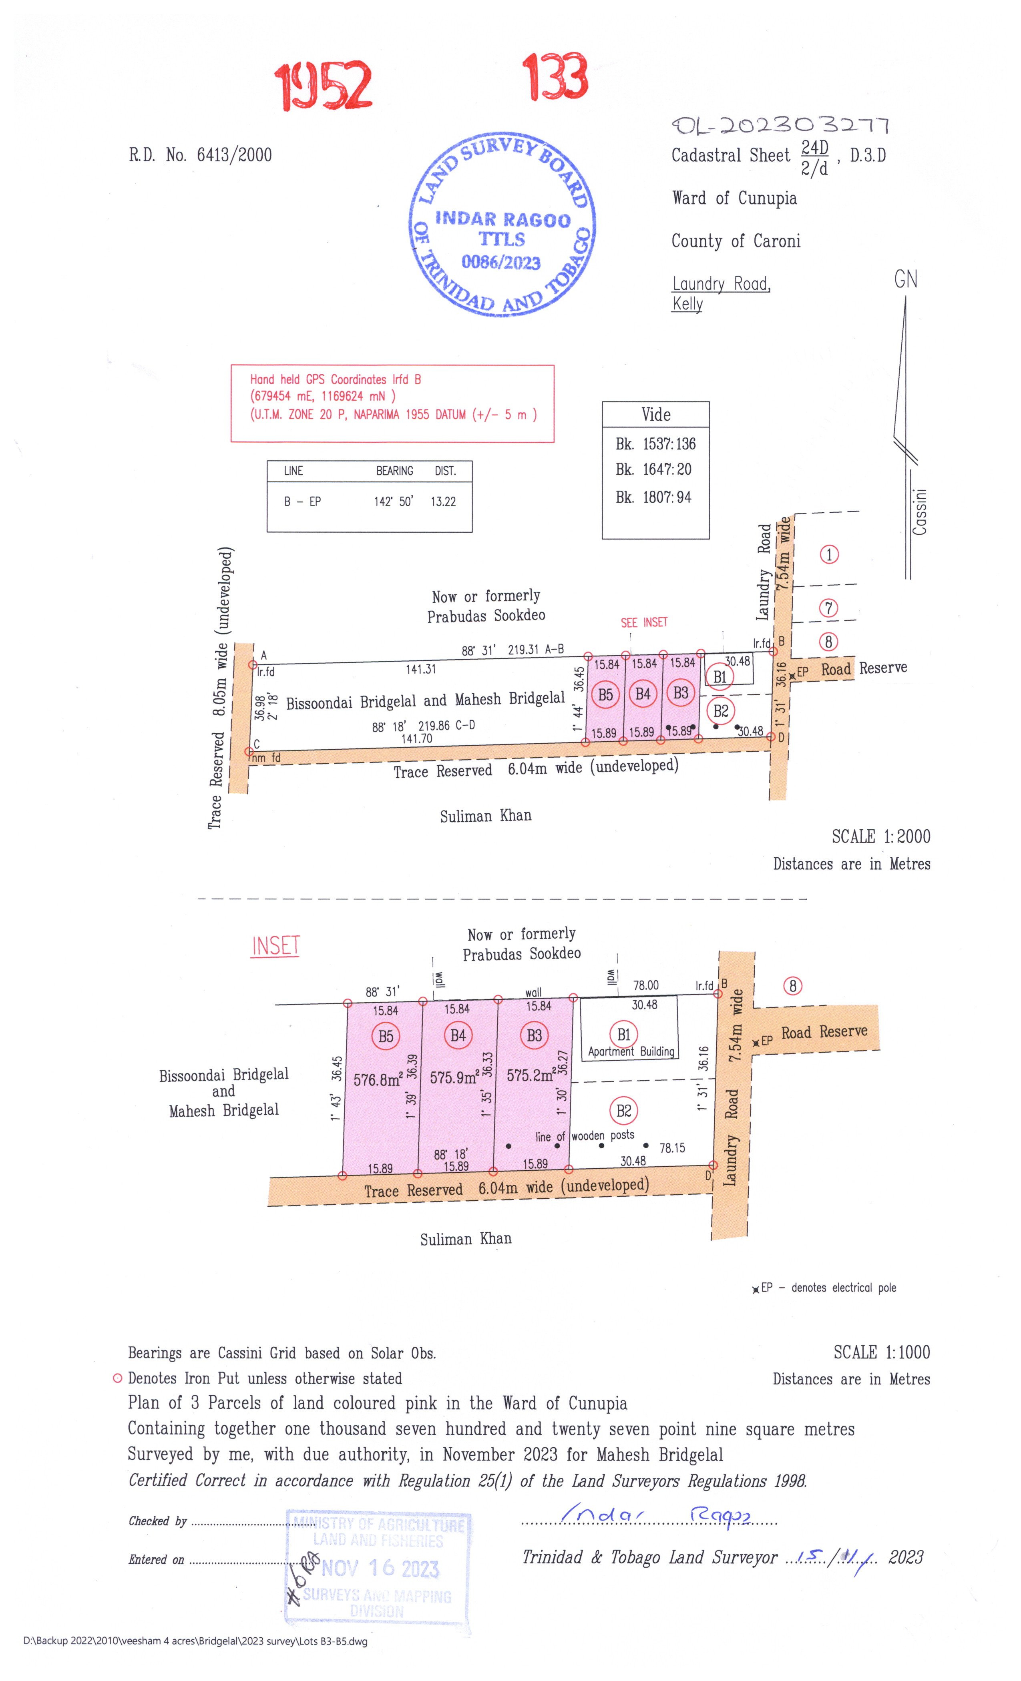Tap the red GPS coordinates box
pyautogui.click(x=392, y=403)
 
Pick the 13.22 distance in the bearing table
pyautogui.click(x=443, y=501)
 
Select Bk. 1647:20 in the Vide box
pyautogui.click(x=653, y=469)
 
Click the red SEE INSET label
pyautogui.click(x=643, y=622)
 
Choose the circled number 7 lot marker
pyautogui.click(x=828, y=608)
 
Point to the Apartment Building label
pyautogui.click(x=631, y=1051)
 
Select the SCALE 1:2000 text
pyautogui.click(x=880, y=836)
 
